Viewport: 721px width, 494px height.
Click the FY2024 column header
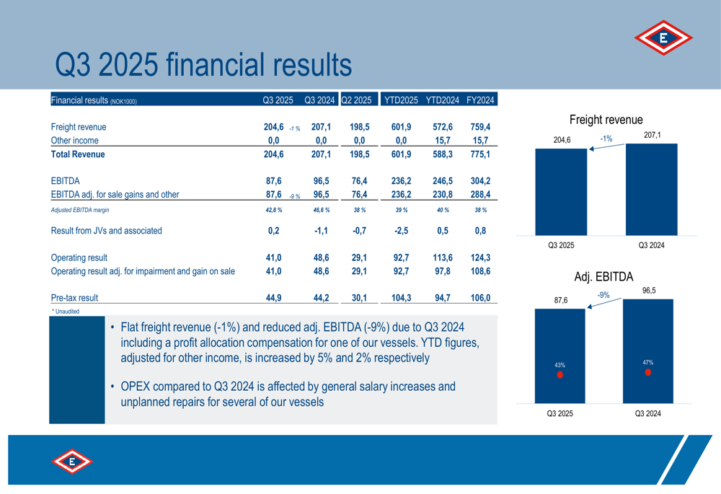[480, 100]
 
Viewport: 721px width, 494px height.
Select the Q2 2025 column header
[357, 100]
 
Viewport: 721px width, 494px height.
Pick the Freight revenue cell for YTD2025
[401, 127]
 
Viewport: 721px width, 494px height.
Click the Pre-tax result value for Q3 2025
[273, 297]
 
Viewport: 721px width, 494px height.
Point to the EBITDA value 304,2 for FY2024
[480, 181]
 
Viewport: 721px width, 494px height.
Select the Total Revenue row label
[78, 154]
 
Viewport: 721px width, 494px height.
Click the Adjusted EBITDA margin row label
[80, 210]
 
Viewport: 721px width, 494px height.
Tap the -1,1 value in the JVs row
[322, 231]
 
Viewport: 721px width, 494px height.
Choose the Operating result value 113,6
[442, 257]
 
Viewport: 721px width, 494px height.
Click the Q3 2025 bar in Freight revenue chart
[561, 191]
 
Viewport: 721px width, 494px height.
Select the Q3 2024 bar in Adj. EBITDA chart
[647, 351]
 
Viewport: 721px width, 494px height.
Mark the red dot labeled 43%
[560, 375]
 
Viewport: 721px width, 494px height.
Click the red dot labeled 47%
[647, 372]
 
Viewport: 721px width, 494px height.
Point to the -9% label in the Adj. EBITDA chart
[604, 295]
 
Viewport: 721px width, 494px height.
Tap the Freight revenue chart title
[606, 120]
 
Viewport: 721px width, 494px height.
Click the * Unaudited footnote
[66, 311]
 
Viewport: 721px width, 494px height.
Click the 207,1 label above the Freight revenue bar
[652, 135]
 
